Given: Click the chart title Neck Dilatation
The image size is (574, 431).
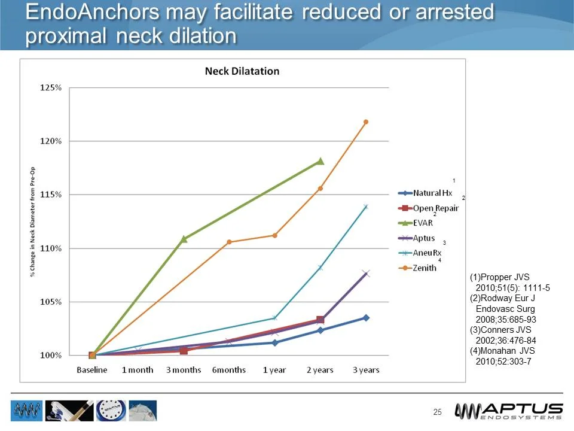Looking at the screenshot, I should (x=242, y=71).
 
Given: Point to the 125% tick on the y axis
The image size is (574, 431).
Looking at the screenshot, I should (x=50, y=88).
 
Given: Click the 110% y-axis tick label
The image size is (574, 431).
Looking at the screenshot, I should (x=50, y=248).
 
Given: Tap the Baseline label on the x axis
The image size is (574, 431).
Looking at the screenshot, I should (x=92, y=370).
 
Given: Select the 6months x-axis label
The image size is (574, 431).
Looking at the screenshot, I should (x=229, y=370).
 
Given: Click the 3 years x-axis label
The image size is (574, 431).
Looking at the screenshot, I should (x=366, y=370).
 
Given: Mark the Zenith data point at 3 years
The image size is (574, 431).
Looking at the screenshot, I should (x=366, y=122).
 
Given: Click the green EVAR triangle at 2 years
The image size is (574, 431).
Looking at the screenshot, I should (x=320, y=161).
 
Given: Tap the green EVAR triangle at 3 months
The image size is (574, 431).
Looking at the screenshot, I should (x=184, y=239).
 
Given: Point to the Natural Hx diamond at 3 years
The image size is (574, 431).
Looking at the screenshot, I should (x=366, y=318).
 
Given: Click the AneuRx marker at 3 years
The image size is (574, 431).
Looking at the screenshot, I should (x=366, y=207).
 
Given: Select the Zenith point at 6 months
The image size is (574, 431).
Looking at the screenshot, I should (x=229, y=242).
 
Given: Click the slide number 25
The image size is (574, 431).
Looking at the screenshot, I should (x=437, y=412).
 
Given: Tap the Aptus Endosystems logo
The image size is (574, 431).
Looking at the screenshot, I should (x=509, y=412).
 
